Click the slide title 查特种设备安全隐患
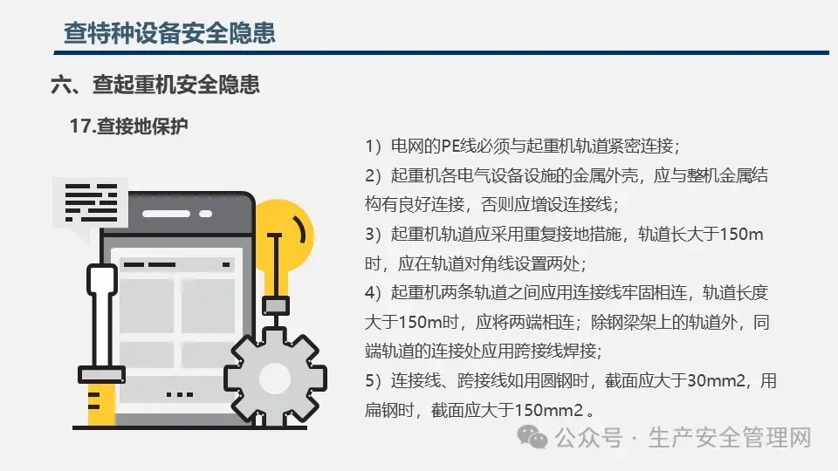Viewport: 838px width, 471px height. (169, 33)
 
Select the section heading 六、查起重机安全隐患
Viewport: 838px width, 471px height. (155, 85)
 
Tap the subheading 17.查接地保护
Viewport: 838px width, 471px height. (129, 126)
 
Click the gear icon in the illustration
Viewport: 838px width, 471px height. (275, 379)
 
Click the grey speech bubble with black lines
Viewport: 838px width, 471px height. (90, 206)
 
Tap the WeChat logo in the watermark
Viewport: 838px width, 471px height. (532, 437)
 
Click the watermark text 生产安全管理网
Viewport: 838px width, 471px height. (730, 437)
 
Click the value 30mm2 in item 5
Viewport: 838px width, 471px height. (716, 381)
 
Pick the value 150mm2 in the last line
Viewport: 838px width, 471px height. (548, 410)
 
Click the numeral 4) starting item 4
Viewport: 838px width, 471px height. (373, 293)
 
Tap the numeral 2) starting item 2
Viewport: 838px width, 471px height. (373, 175)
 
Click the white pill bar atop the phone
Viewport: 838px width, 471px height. (166, 214)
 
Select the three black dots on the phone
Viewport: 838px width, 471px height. (180, 394)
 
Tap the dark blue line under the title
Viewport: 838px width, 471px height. (442, 53)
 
